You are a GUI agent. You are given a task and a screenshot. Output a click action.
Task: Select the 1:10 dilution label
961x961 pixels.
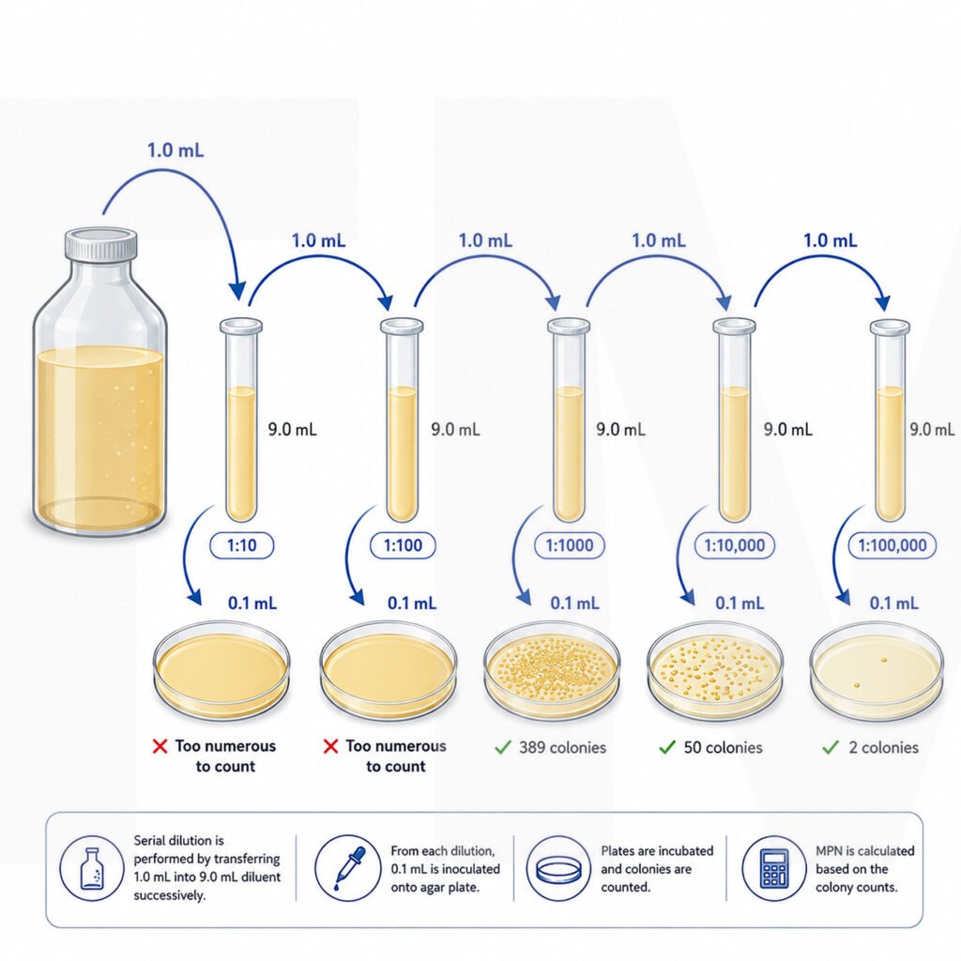click(x=241, y=545)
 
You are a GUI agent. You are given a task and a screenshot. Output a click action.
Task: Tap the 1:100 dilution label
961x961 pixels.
click(x=403, y=545)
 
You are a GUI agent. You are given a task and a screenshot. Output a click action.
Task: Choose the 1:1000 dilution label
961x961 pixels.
click(x=570, y=545)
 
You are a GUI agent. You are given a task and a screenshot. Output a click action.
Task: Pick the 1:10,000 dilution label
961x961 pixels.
click(x=734, y=545)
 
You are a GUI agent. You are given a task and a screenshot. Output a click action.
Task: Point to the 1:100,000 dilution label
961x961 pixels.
click(x=892, y=545)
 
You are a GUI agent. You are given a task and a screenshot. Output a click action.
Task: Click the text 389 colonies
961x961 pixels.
click(x=562, y=747)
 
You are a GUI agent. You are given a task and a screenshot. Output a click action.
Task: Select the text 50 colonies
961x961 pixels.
click(x=724, y=747)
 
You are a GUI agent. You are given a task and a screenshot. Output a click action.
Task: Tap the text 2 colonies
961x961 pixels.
click(x=883, y=747)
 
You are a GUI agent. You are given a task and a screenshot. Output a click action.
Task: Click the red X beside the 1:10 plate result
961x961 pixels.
click(x=160, y=746)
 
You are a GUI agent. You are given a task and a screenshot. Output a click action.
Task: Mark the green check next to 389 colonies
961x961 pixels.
click(x=503, y=746)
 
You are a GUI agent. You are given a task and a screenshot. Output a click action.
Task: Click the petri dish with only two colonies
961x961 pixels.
click(x=877, y=670)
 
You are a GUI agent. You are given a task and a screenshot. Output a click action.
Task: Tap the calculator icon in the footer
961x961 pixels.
click(x=773, y=868)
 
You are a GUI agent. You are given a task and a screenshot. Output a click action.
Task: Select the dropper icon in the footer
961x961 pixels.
click(x=347, y=868)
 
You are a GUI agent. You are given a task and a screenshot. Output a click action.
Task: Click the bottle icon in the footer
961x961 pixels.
click(x=92, y=868)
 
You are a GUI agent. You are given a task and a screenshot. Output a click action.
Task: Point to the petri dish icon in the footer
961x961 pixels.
click(x=557, y=869)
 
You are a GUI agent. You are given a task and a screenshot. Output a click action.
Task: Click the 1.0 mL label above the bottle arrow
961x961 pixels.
click(x=175, y=150)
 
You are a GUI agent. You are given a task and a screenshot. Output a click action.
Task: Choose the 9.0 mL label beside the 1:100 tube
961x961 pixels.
click(x=455, y=429)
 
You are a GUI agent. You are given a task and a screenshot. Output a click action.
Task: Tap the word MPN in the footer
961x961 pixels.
click(x=829, y=850)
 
